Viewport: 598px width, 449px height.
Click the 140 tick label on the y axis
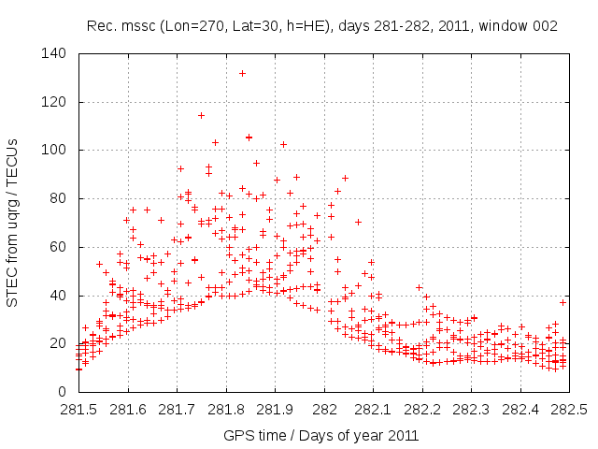59,54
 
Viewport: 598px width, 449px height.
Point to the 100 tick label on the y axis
59,151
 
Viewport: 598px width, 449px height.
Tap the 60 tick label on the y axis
62,247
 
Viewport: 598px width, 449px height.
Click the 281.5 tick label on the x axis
78,411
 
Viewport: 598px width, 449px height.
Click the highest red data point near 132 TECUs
242,73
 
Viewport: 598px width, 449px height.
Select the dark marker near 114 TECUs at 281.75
201,116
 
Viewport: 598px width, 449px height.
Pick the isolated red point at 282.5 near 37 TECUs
562,302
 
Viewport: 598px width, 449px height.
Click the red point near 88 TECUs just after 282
345,178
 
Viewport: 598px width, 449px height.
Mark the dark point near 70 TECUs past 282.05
358,222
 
